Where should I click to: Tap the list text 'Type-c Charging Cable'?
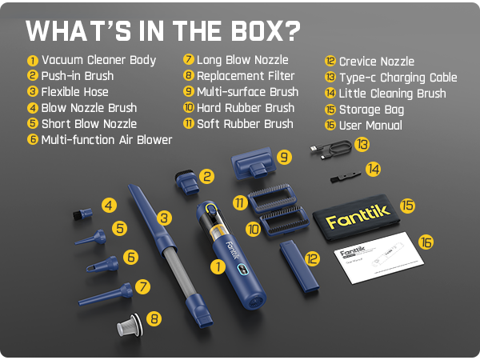(x=398, y=78)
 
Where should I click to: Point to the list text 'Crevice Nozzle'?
(x=376, y=62)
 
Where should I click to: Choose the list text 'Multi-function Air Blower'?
(x=106, y=140)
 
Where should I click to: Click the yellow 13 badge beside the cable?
(x=363, y=145)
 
